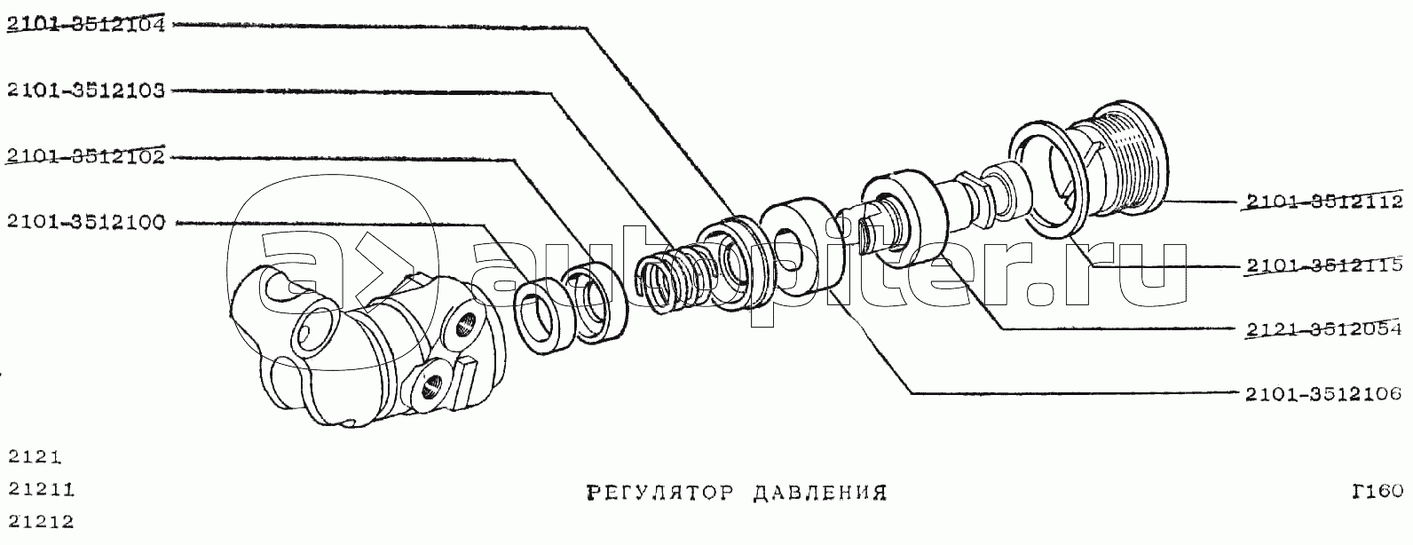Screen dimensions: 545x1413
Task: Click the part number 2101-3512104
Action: (x=85, y=25)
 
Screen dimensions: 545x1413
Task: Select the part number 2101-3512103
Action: (x=85, y=91)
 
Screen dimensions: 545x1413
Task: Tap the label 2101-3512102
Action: (x=85, y=157)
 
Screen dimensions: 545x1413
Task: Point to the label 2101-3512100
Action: (x=85, y=222)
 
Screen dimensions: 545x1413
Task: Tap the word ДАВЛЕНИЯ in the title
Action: (x=819, y=492)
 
